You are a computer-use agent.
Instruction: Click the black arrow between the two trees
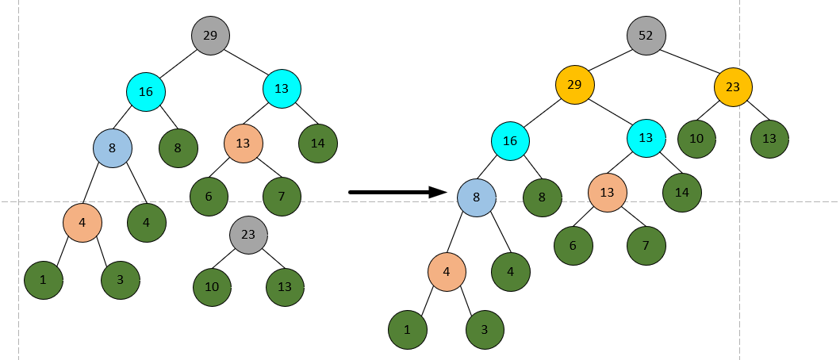[397, 192]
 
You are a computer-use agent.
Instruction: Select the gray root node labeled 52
[646, 36]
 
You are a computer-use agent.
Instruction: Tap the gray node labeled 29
[210, 36]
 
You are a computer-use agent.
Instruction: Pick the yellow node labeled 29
[575, 84]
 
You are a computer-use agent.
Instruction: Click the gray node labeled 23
[248, 235]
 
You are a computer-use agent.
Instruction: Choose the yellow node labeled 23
[733, 88]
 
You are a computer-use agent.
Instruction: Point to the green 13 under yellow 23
[769, 139]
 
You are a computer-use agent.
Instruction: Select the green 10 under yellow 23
[696, 139]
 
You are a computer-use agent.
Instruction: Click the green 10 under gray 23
[212, 286]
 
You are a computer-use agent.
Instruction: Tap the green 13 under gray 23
[285, 286]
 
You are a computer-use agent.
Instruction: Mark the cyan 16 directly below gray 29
[146, 92]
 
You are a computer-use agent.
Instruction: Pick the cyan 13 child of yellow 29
[646, 138]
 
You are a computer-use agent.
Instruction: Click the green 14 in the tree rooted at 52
[682, 192]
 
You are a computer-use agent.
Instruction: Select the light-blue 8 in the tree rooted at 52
[477, 197]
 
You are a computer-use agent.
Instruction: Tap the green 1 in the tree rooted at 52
[408, 329]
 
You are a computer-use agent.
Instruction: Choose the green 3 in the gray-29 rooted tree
[121, 279]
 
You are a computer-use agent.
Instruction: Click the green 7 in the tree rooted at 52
[646, 245]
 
